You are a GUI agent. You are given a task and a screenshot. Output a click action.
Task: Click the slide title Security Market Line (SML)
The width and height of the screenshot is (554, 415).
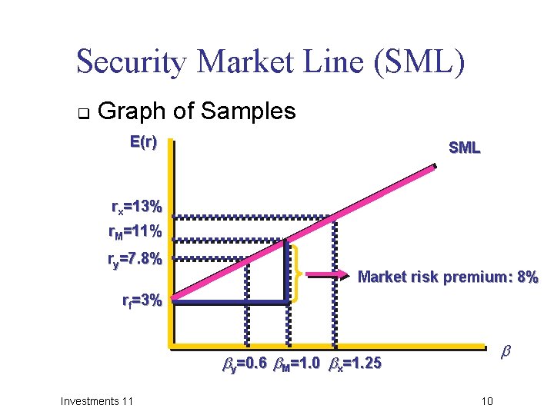point(271,62)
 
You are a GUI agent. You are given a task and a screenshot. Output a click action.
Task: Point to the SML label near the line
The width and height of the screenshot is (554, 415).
point(464,148)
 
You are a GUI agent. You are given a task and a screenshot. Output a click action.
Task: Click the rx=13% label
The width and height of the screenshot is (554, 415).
point(136,207)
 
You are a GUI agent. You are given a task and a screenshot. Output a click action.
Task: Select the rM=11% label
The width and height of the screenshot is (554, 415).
point(135,231)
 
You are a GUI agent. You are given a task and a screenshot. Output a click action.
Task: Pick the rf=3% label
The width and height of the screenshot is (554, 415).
point(142,300)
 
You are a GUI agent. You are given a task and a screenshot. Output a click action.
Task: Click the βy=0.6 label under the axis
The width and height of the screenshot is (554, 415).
point(245,363)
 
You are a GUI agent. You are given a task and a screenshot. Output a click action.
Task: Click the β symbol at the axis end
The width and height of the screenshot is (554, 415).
point(506,351)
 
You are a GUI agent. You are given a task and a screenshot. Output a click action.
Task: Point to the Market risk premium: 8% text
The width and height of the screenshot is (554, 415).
point(448,277)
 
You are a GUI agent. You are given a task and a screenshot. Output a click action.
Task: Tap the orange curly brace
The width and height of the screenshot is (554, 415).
point(296,272)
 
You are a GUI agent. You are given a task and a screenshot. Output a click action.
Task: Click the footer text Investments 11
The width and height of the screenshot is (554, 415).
point(97,400)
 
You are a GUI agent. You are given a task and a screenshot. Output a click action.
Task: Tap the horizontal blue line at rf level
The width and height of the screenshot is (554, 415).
point(231,302)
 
